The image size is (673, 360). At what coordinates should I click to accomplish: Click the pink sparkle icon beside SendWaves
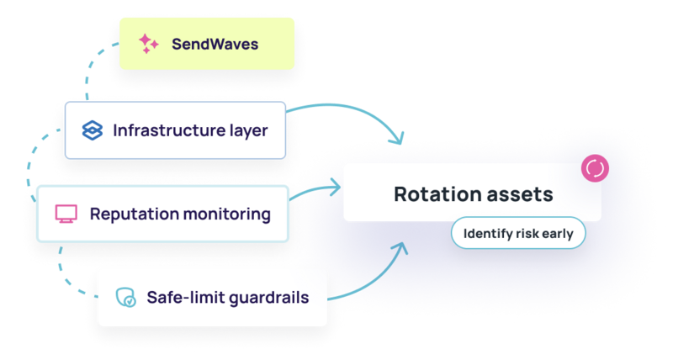point(148,44)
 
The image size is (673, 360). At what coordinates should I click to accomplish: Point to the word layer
point(246,131)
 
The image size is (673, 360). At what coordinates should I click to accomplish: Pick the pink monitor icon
point(66,214)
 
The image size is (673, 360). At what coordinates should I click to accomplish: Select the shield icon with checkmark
point(125,297)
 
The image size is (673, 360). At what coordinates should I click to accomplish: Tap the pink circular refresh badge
point(595,168)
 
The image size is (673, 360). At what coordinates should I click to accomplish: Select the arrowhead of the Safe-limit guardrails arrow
point(402,246)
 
